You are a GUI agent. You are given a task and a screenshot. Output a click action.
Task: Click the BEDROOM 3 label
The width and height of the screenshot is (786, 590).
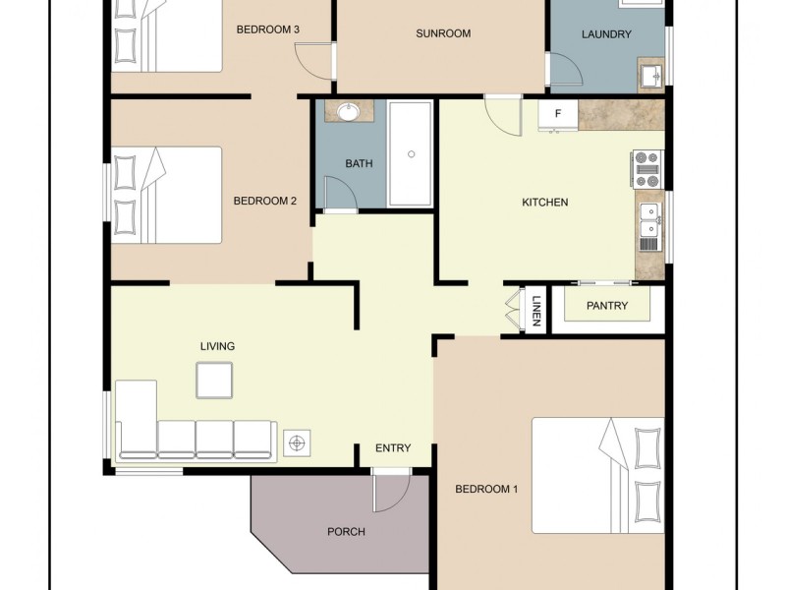pos(268,29)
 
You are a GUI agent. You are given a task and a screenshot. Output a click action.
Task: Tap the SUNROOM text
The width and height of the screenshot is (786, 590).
pos(442,33)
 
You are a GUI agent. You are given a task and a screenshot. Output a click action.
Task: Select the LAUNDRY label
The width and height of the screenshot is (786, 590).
pos(605,34)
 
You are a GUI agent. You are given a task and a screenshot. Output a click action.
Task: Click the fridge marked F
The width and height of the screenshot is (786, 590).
pos(557,114)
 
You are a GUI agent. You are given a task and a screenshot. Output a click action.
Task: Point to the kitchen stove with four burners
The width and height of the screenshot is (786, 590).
pos(647,169)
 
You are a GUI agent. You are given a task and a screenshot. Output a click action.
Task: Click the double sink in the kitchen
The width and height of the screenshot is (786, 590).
pos(649,220)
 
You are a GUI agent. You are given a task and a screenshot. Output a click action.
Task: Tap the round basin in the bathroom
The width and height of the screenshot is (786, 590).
pos(348,112)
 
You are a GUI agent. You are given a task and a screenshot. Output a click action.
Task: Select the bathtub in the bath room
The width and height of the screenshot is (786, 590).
pos(411,153)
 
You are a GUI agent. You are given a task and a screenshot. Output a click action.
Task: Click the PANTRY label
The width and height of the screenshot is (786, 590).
pos(606,306)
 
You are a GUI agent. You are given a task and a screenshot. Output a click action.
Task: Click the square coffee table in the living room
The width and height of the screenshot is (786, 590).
pos(213,380)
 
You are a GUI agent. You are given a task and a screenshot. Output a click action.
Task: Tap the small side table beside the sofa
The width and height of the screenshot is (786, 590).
pos(297,443)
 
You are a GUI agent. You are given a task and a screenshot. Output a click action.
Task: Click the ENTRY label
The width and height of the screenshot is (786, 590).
pos(393,448)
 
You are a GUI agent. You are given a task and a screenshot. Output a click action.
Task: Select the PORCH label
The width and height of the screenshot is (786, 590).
pos(346,532)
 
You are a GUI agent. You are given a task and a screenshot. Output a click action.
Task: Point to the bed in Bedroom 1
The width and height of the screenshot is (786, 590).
pos(597,475)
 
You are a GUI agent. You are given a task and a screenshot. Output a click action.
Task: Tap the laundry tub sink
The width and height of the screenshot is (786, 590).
pos(650,74)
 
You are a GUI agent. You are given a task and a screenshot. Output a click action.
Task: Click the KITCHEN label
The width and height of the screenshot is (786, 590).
pos(544,203)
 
